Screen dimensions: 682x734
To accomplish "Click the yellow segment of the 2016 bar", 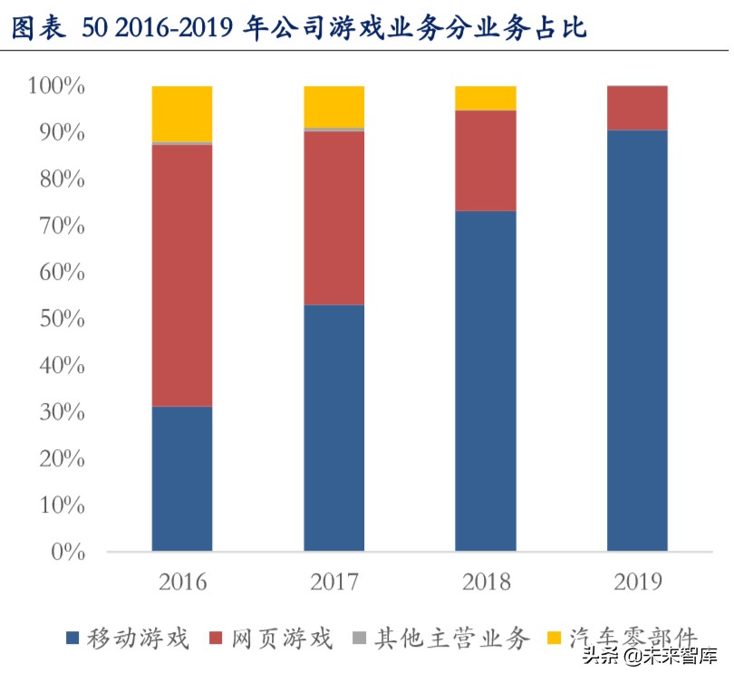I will [182, 114].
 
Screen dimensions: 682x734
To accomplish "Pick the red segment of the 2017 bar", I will [333, 218].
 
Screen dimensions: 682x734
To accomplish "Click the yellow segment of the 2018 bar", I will [485, 98].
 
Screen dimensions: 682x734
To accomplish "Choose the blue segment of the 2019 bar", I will [637, 341].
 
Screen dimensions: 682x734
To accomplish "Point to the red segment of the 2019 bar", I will [637, 108].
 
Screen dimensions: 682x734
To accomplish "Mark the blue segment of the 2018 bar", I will [485, 380].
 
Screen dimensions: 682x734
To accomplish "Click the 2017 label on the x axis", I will [333, 581].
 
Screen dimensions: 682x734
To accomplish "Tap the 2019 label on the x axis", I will [637, 581].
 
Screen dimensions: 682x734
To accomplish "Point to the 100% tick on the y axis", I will [56, 87].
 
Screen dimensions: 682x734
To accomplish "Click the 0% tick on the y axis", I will [67, 552].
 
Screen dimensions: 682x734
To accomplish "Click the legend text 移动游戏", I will [138, 639].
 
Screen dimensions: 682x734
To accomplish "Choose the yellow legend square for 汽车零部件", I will [554, 639].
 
